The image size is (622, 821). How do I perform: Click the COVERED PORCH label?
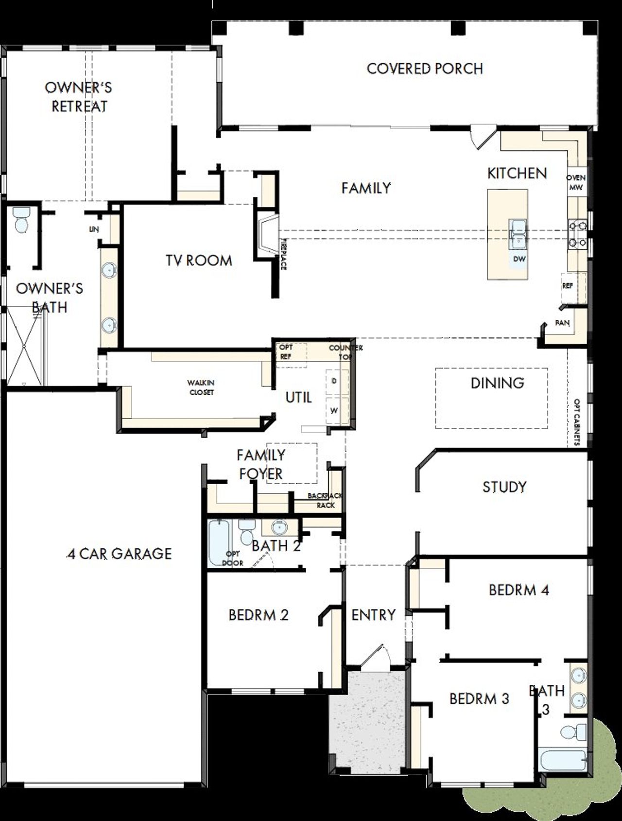coord(425,69)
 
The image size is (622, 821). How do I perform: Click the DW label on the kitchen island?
coord(519,259)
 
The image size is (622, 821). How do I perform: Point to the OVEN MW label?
coord(576,182)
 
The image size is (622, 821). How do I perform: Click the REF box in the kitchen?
coord(567,286)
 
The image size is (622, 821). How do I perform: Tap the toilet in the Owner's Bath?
coord(21,220)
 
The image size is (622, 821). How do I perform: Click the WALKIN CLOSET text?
coord(201,387)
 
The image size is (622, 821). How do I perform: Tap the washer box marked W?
coord(334,411)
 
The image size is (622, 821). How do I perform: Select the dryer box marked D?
coord(334,381)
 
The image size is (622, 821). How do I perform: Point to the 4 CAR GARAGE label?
coord(120,554)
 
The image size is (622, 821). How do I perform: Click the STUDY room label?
coord(504,487)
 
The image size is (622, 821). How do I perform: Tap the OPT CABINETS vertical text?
coord(577,422)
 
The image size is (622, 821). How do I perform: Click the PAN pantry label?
coord(562,323)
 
